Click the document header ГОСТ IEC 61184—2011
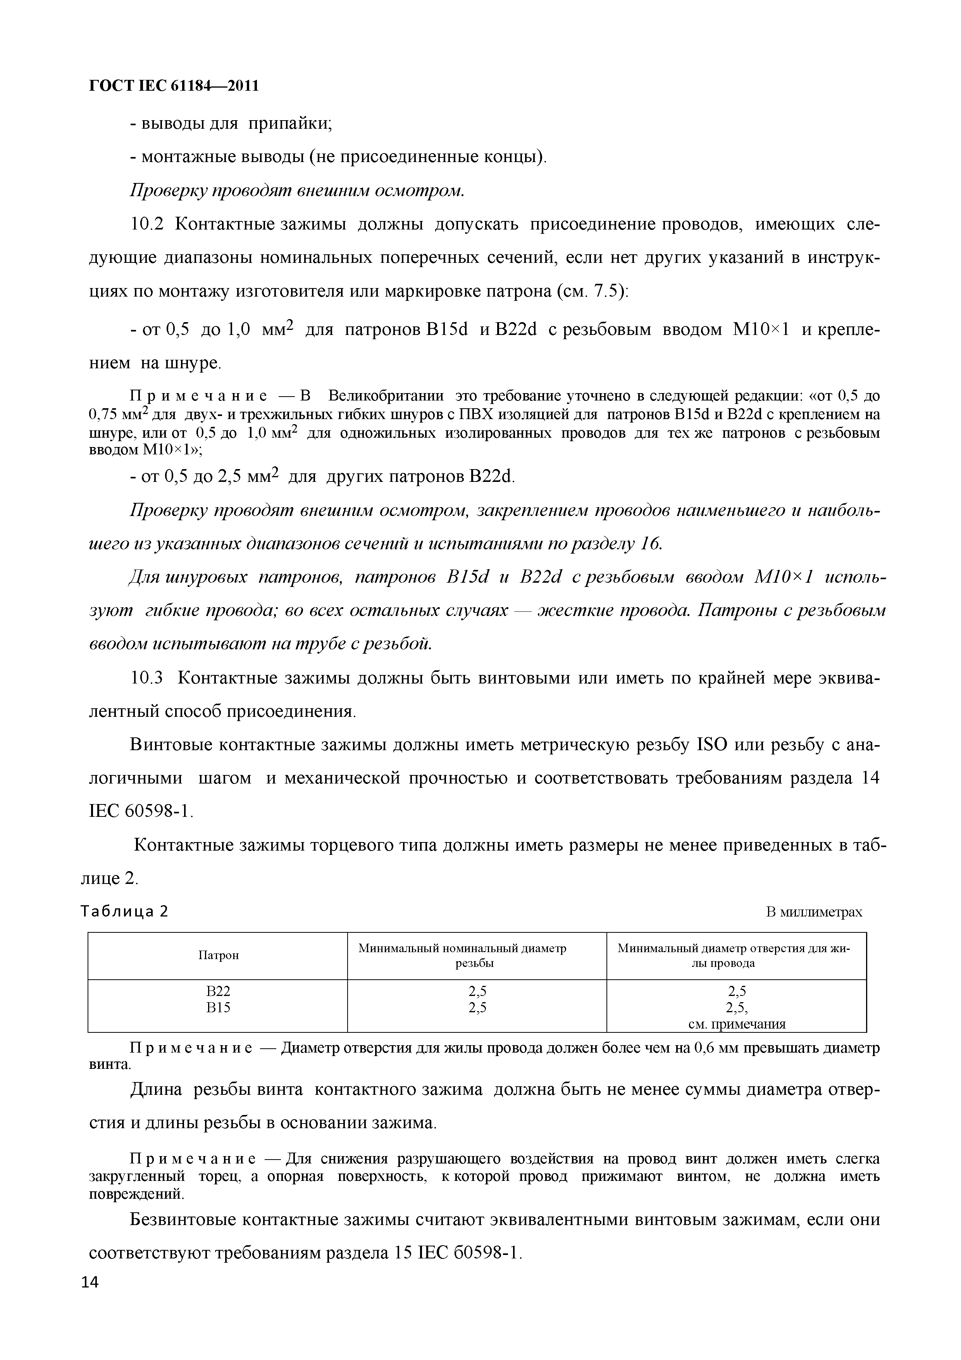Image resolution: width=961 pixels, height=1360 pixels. pyautogui.click(x=174, y=86)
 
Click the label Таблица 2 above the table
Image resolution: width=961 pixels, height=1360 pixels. pyautogui.click(x=124, y=911)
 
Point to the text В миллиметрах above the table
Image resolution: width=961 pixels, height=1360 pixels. pyautogui.click(x=814, y=912)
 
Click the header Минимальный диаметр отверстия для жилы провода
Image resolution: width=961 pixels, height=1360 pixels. pyautogui.click(x=735, y=955)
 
